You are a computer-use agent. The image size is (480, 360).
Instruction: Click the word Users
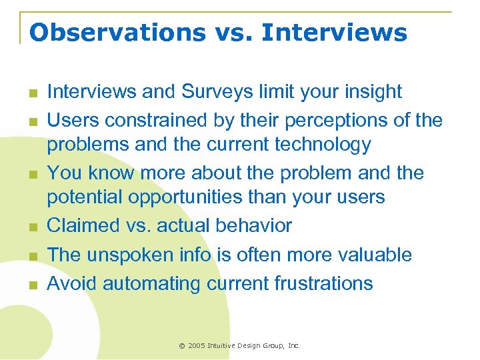point(73,120)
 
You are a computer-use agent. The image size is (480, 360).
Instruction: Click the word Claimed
point(83,226)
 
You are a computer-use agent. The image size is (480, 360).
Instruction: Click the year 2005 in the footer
point(197,346)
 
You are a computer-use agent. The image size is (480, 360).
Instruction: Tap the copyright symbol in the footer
point(182,346)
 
